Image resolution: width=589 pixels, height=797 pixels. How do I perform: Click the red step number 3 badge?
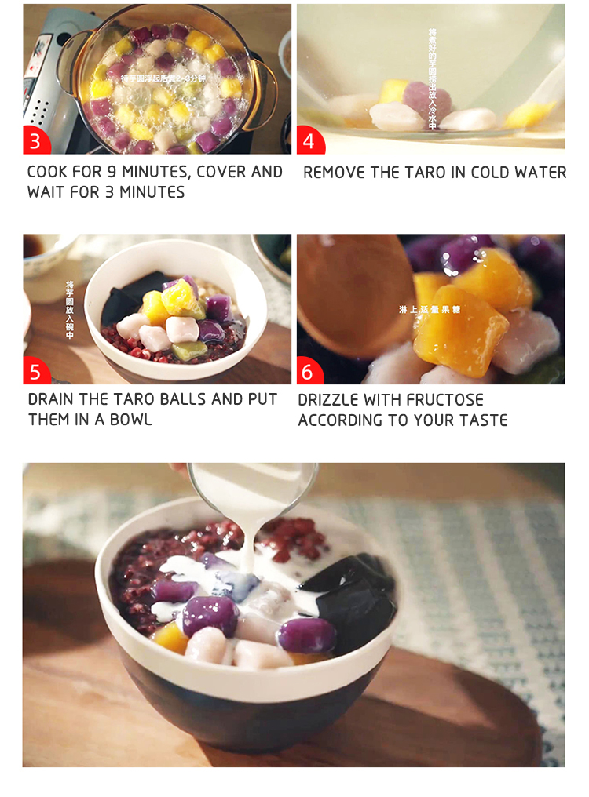(x=35, y=142)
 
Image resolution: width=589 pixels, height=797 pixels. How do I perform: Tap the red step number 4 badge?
(x=309, y=142)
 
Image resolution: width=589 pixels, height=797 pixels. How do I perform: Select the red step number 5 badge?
(x=35, y=371)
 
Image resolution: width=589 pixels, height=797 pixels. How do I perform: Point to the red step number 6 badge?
(x=309, y=371)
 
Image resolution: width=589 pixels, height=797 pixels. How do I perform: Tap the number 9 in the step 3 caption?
(x=123, y=172)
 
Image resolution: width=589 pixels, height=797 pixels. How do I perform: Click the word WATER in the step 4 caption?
(x=542, y=173)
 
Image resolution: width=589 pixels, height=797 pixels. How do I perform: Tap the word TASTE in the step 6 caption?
(x=482, y=420)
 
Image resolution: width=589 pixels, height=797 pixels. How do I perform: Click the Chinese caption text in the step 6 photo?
(x=429, y=310)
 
